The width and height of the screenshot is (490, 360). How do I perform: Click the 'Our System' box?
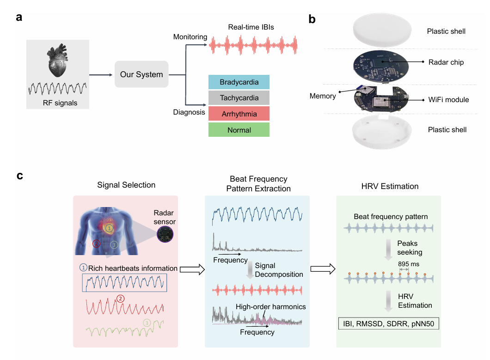(x=141, y=74)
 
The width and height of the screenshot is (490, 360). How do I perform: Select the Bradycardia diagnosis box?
(x=239, y=82)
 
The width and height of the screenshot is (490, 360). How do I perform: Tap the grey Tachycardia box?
(x=239, y=98)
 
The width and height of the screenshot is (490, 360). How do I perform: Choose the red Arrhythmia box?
(x=239, y=114)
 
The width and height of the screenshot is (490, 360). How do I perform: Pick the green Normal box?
(x=239, y=130)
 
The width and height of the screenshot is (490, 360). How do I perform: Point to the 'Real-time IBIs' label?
(x=251, y=27)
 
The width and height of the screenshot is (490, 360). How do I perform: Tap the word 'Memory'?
(x=323, y=96)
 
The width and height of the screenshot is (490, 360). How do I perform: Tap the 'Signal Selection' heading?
(x=126, y=185)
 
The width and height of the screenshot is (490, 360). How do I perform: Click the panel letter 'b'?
(x=312, y=19)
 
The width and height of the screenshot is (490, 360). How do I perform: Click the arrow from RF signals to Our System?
(x=100, y=74)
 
